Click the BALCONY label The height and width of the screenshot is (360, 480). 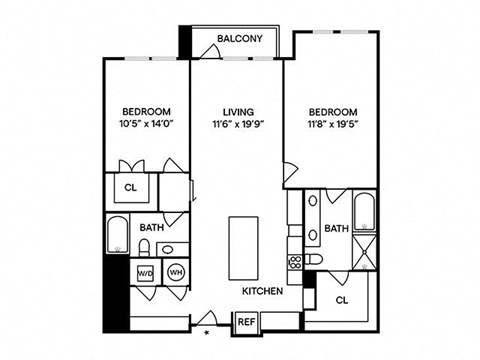(x=240, y=40)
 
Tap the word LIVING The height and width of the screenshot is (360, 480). (x=237, y=111)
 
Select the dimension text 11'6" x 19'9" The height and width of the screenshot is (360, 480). (x=237, y=125)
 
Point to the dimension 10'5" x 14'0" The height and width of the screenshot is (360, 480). (x=147, y=125)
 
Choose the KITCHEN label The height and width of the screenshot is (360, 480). (x=262, y=291)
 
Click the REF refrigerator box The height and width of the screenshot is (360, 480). (x=246, y=322)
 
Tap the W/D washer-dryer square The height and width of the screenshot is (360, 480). (x=145, y=272)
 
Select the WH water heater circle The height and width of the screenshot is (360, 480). (x=175, y=272)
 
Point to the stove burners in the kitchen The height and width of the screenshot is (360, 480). (x=295, y=262)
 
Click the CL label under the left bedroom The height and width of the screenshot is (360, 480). (x=131, y=187)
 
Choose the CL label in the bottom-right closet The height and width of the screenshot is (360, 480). (x=341, y=299)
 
